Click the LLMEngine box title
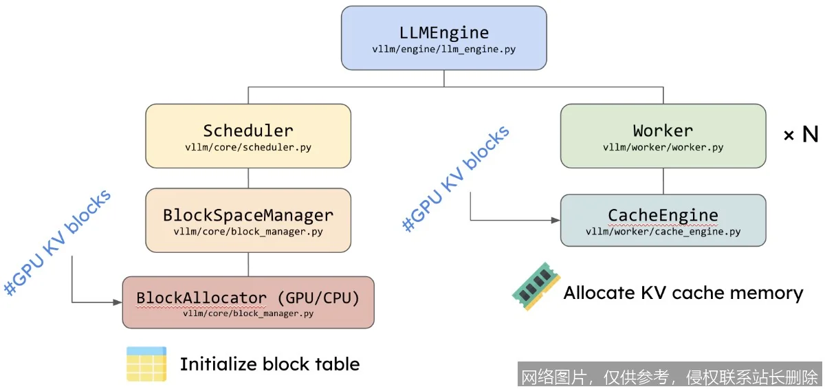(443, 32)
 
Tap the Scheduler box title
(248, 130)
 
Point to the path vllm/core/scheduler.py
(248, 147)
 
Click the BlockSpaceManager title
(248, 214)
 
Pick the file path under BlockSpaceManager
(248, 232)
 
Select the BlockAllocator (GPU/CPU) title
(248, 298)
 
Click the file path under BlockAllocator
(248, 313)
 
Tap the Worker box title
(663, 130)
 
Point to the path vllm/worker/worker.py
(663, 147)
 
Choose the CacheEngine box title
(663, 214)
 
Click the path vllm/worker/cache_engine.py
(663, 232)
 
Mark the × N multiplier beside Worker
(801, 135)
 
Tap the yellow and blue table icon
(146, 364)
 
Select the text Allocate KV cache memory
(683, 293)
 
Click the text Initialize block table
(269, 364)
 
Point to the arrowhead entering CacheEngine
(556, 220)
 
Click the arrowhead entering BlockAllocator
(118, 302)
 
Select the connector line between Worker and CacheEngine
(663, 181)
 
